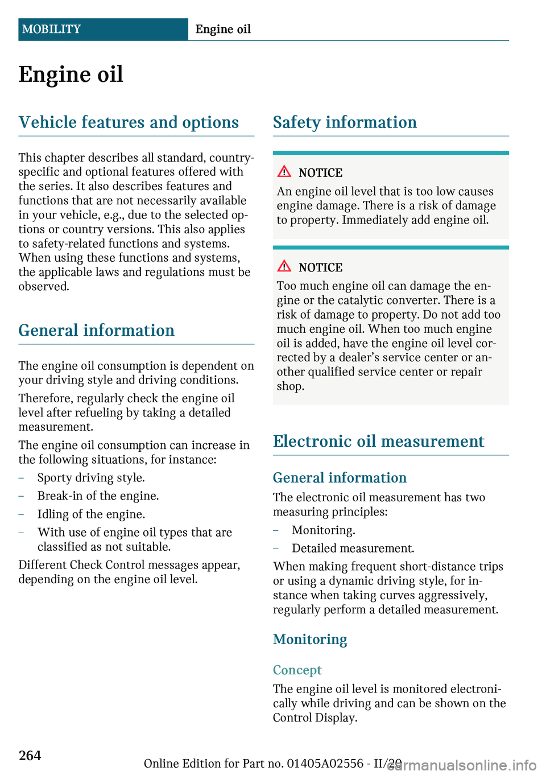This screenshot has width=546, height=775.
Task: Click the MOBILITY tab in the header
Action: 52,29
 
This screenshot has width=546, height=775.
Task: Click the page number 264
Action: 30,755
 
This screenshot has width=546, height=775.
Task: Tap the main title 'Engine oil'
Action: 71,75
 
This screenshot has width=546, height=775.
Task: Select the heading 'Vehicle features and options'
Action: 129,122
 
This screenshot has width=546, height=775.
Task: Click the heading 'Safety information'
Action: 345,122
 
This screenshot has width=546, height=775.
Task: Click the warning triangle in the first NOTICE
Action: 284,171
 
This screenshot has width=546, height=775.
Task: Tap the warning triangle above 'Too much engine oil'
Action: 284,266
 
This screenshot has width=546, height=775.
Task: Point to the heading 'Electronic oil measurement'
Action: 378,442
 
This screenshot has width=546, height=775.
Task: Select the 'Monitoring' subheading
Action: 310,640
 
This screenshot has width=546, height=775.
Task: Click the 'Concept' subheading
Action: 297,670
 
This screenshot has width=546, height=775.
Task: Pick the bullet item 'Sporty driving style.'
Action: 91,478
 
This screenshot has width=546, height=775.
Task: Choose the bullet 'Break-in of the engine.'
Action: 98,496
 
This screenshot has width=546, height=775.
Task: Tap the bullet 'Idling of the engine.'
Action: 91,514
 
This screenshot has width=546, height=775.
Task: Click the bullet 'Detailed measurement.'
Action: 353,549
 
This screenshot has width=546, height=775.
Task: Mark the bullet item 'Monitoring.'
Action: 323,530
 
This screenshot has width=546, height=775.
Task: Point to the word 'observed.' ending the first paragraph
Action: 44,287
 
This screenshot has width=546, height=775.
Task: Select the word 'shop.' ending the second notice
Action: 291,386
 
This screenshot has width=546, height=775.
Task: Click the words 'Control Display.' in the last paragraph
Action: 315,718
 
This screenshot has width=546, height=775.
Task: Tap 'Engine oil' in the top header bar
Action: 223,29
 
